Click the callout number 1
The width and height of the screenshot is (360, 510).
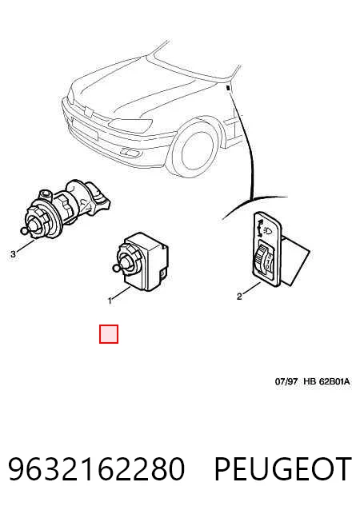coord(110,301)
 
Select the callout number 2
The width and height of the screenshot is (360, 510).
coord(239,297)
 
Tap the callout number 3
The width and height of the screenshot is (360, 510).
coord(13,253)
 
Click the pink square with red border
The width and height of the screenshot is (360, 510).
coord(109,334)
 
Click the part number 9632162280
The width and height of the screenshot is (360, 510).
coord(97,469)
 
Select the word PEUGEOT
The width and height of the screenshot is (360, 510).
coord(283,469)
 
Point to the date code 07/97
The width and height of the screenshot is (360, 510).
coord(286,381)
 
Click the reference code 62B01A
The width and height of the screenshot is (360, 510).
coord(334,381)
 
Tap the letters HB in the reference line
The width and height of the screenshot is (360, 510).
coord(310,381)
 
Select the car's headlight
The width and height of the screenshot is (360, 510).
coord(130,124)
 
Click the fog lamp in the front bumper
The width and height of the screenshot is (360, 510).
coord(130,152)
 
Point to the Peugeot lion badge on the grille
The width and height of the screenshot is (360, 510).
coord(88,112)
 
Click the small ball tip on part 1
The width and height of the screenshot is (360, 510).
coord(115,268)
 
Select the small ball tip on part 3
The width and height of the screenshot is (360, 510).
coord(24,230)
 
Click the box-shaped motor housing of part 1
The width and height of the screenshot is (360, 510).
coord(147,261)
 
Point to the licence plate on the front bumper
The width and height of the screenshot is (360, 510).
coord(85,129)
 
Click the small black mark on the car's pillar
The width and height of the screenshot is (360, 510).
coord(228,87)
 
